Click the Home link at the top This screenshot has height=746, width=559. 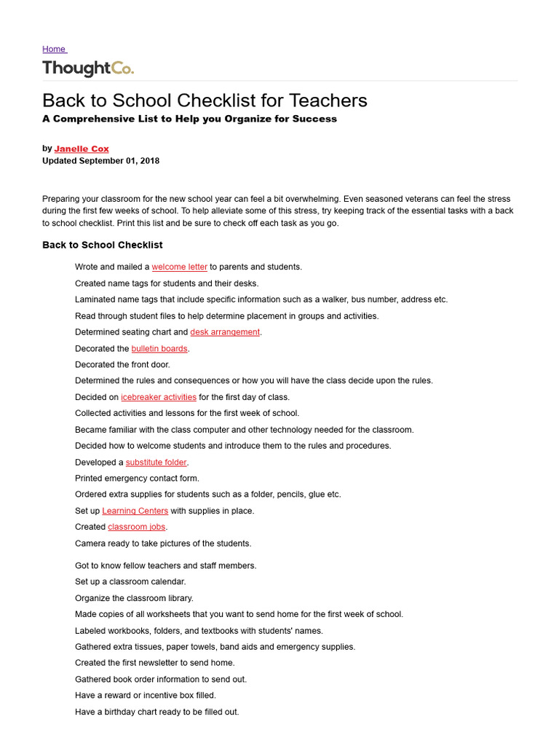tap(54, 49)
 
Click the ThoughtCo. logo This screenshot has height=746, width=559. tap(88, 68)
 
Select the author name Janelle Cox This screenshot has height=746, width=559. tap(82, 149)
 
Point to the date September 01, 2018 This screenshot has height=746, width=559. tap(119, 160)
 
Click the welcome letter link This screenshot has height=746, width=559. tap(179, 267)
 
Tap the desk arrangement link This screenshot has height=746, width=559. tap(225, 332)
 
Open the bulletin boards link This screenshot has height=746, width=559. tap(159, 349)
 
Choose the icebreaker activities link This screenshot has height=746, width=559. tap(159, 397)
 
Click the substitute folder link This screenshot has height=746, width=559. tap(156, 463)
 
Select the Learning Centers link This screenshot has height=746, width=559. tap(135, 511)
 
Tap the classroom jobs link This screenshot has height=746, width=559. tap(137, 527)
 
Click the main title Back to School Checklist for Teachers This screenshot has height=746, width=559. tap(205, 100)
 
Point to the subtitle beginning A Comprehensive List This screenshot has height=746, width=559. tap(189, 119)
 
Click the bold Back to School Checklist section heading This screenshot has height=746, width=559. tap(103, 245)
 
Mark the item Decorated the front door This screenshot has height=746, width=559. tap(122, 365)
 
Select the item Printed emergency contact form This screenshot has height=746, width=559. tap(137, 479)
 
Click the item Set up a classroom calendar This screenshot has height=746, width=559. tap(130, 582)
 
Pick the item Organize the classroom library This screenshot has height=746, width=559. tap(134, 598)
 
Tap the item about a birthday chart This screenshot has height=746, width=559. tap(156, 712)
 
